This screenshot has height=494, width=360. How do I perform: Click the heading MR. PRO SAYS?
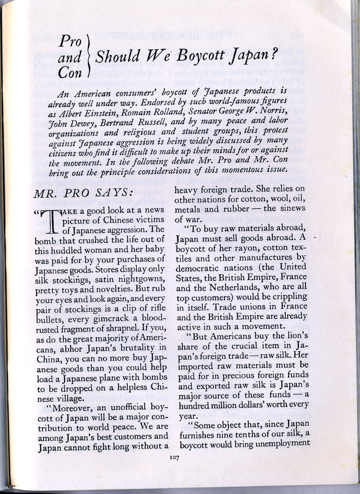[83, 193]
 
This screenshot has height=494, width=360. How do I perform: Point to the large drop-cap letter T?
[51, 223]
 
